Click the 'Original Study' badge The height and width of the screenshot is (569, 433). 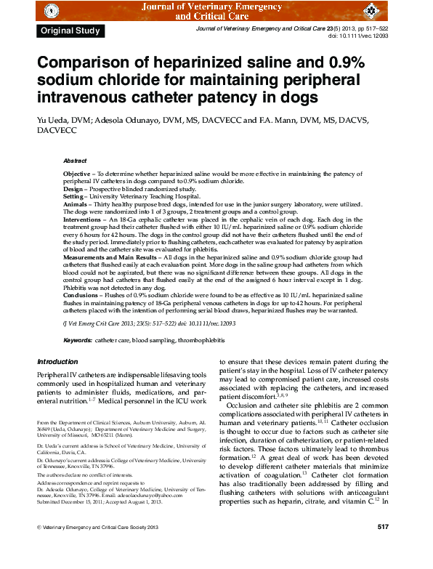click(x=71, y=31)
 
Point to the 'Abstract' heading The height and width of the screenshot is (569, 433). click(x=75, y=161)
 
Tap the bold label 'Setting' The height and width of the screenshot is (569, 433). click(x=75, y=196)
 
